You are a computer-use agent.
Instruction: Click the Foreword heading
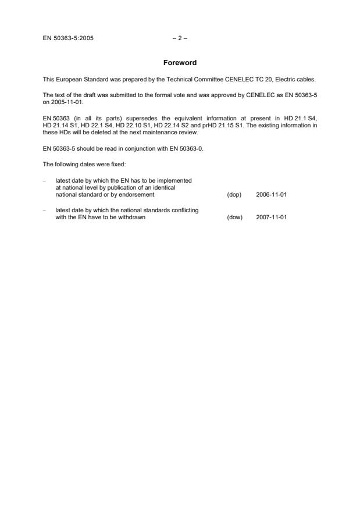[180, 63]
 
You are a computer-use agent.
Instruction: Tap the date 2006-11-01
[271, 195]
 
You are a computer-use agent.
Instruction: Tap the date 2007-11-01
[271, 217]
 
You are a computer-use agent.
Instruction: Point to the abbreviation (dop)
[234, 195]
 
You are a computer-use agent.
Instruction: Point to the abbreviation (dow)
[234, 217]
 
